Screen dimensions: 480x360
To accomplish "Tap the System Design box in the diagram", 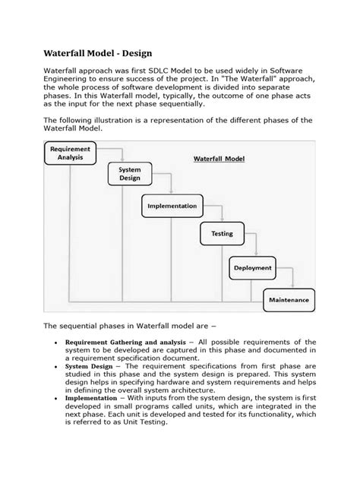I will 129,174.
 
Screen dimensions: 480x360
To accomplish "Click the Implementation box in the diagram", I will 172,206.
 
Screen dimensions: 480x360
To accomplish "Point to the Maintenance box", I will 287,300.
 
